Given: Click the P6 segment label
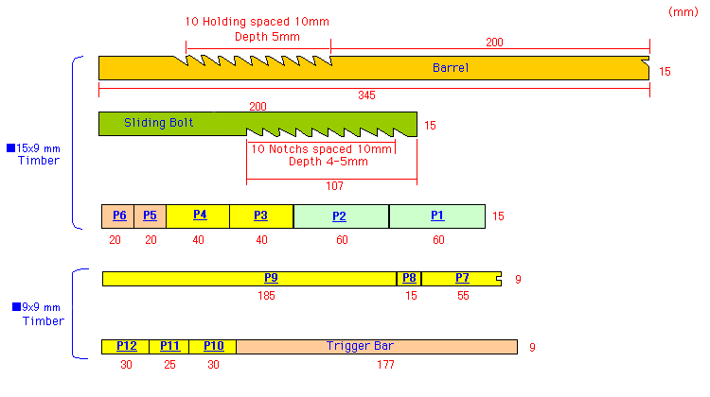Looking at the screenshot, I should pyautogui.click(x=118, y=216).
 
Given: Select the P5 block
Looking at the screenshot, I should pyautogui.click(x=150, y=216).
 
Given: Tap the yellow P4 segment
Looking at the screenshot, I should pyautogui.click(x=199, y=215).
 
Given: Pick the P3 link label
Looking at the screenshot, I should pyautogui.click(x=260, y=216).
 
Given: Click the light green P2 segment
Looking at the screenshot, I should pyautogui.click(x=339, y=216).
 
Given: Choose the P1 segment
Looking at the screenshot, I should pyautogui.click(x=437, y=216).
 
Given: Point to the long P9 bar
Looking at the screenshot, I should pyautogui.click(x=271, y=278).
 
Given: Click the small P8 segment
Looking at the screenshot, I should pyautogui.click(x=409, y=278).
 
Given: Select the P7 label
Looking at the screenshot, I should pyautogui.click(x=462, y=278).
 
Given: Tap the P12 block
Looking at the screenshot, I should pyautogui.click(x=126, y=346).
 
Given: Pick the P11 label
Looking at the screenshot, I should pyautogui.click(x=169, y=346).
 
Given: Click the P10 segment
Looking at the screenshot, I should pyautogui.click(x=213, y=346).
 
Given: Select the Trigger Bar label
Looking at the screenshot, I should pyautogui.click(x=360, y=346).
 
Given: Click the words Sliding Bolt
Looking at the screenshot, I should pyautogui.click(x=159, y=123).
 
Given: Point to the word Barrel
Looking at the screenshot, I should pyautogui.click(x=451, y=68).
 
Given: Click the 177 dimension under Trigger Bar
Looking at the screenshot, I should pyautogui.click(x=377, y=365).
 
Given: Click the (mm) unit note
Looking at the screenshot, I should pyautogui.click(x=682, y=11).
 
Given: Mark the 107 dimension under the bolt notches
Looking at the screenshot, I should pyautogui.click(x=335, y=186).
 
